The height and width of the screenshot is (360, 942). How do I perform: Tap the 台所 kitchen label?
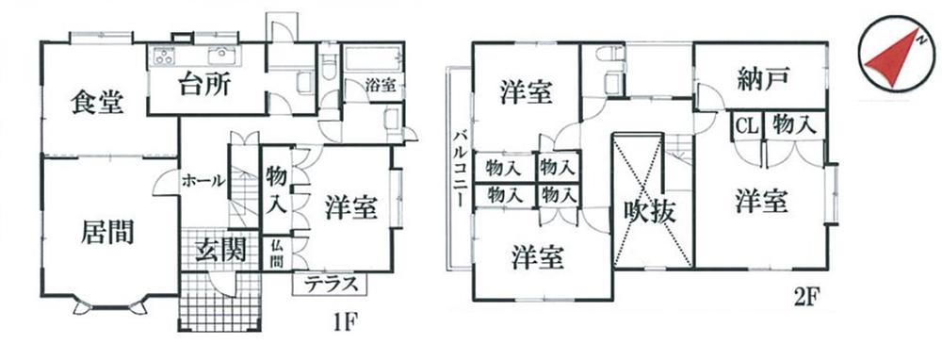pyautogui.click(x=205, y=86)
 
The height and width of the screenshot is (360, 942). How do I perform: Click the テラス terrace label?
pyautogui.click(x=329, y=284)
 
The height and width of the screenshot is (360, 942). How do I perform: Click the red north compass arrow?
pyautogui.click(x=891, y=59)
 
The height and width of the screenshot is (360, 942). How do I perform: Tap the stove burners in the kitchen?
pyautogui.click(x=161, y=55)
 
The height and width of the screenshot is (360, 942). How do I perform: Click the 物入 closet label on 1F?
pyautogui.click(x=277, y=188)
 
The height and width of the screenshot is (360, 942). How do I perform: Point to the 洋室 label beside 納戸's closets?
pyautogui.click(x=762, y=202)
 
